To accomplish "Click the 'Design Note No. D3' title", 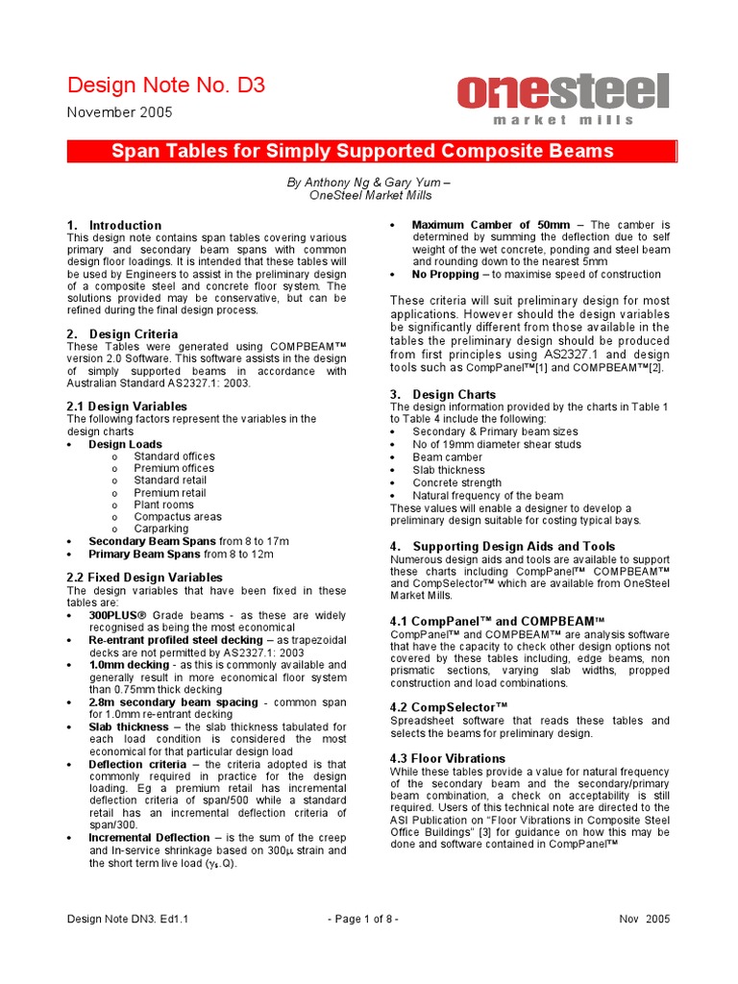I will click(165, 86).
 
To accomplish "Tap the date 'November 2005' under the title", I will click(119, 112).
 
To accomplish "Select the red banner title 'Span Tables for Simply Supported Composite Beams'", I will click(362, 151).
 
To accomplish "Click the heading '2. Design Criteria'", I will click(121, 333).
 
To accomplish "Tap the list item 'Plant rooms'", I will click(163, 504).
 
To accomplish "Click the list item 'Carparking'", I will click(161, 529).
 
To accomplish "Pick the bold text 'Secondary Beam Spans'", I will click(152, 541).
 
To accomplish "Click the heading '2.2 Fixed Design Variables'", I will click(144, 577).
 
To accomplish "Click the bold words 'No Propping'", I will click(446, 274).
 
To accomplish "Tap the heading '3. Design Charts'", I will click(443, 394).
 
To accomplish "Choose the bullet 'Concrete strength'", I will click(456, 483).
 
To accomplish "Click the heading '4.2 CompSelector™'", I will click(449, 706).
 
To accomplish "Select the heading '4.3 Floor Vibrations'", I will click(447, 758).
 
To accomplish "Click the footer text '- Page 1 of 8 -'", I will click(363, 919).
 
